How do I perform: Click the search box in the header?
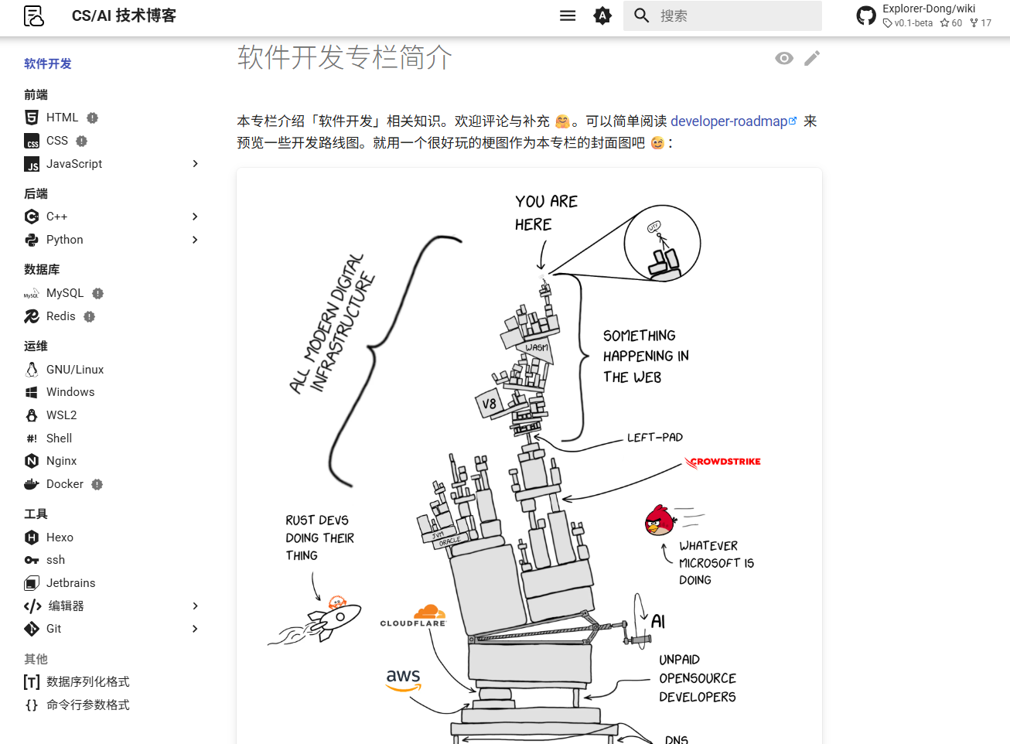pyautogui.click(x=735, y=16)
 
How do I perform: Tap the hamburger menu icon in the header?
pyautogui.click(x=568, y=16)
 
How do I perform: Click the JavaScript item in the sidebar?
pyautogui.click(x=74, y=164)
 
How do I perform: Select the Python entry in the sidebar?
pyautogui.click(x=65, y=240)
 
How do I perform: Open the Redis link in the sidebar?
pyautogui.click(x=60, y=316)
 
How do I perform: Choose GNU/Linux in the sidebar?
pyautogui.click(x=75, y=370)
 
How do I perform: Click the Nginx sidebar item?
pyautogui.click(x=61, y=461)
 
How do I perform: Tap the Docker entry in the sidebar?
pyautogui.click(x=65, y=484)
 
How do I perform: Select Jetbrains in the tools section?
pyautogui.click(x=71, y=583)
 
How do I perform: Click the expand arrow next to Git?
pyautogui.click(x=196, y=629)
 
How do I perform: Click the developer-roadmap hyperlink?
pyautogui.click(x=729, y=121)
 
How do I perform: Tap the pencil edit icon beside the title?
pyautogui.click(x=812, y=58)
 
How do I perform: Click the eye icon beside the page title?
pyautogui.click(x=784, y=58)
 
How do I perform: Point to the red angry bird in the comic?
pyautogui.click(x=660, y=520)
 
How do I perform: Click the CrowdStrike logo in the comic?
pyautogui.click(x=724, y=462)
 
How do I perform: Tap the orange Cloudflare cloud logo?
pyautogui.click(x=429, y=613)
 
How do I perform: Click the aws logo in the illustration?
pyautogui.click(x=404, y=679)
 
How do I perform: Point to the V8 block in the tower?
pyautogui.click(x=489, y=404)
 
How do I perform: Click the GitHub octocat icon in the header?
pyautogui.click(x=866, y=15)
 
